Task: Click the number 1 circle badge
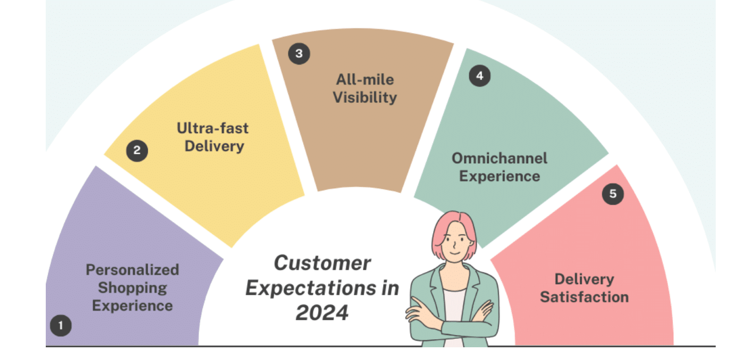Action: click(x=61, y=326)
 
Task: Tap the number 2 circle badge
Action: click(x=137, y=151)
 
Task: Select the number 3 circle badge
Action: click(x=299, y=54)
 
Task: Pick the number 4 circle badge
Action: click(x=479, y=76)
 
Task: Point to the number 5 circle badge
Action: click(x=613, y=194)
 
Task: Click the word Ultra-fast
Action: click(x=213, y=128)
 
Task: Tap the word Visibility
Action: click(x=365, y=98)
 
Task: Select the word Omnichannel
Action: click(x=500, y=159)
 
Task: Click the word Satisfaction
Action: click(x=585, y=297)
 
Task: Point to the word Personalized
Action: click(x=133, y=270)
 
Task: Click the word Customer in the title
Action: click(x=322, y=263)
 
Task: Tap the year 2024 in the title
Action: click(x=322, y=313)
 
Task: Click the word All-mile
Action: click(x=365, y=80)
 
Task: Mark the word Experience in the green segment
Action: click(x=500, y=176)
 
